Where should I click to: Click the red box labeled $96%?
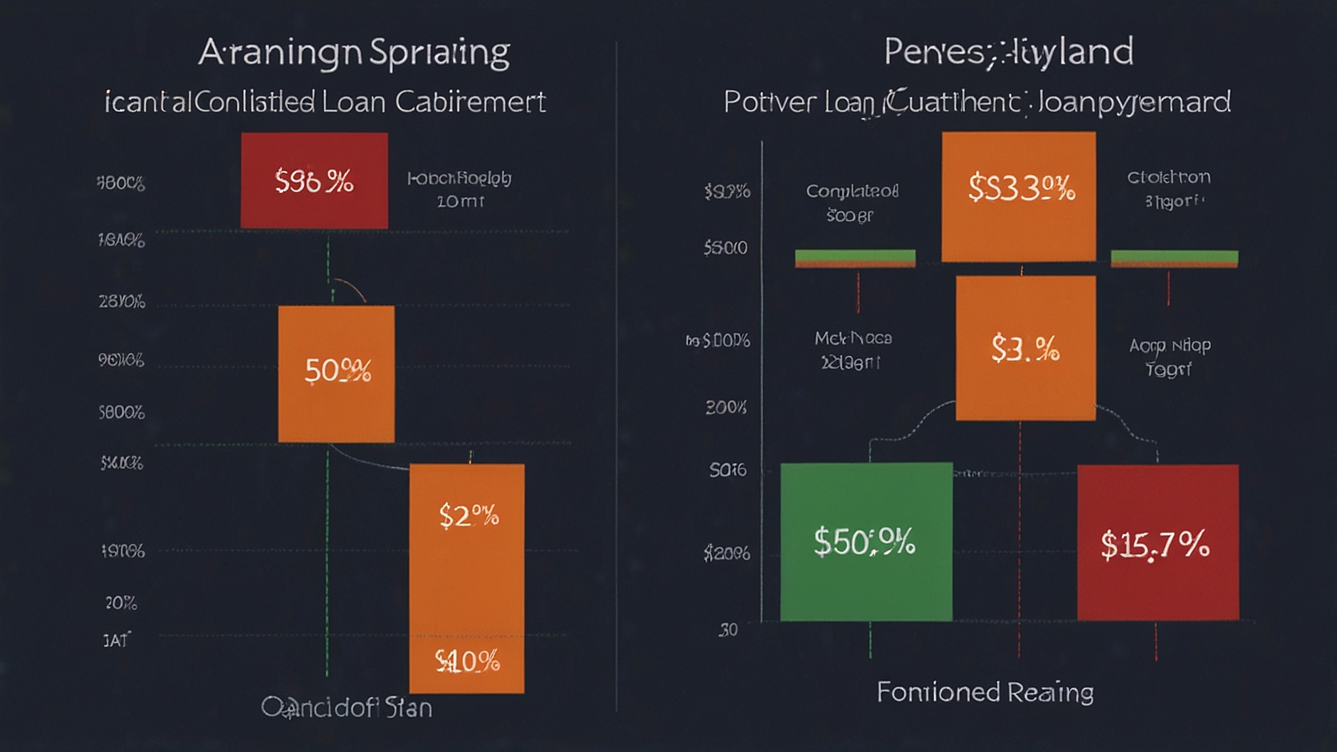tap(314, 180)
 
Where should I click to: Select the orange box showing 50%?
tap(336, 373)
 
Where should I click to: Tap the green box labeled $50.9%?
tap(866, 541)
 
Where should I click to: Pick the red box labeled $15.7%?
tap(1157, 543)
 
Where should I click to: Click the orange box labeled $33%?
tap(1019, 196)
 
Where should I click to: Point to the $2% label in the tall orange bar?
tap(469, 515)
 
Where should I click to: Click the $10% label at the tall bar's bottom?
tap(467, 661)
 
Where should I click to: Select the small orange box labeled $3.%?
tap(1025, 347)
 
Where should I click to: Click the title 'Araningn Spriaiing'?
tap(354, 53)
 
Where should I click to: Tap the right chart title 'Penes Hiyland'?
tap(1008, 52)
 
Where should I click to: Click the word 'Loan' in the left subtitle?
tap(354, 102)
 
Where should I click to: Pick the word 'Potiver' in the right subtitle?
tap(769, 102)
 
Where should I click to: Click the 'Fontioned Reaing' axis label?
tap(985, 692)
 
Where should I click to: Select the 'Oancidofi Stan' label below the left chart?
tap(347, 708)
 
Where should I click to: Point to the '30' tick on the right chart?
tap(727, 629)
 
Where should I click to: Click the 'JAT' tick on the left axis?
tap(117, 640)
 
